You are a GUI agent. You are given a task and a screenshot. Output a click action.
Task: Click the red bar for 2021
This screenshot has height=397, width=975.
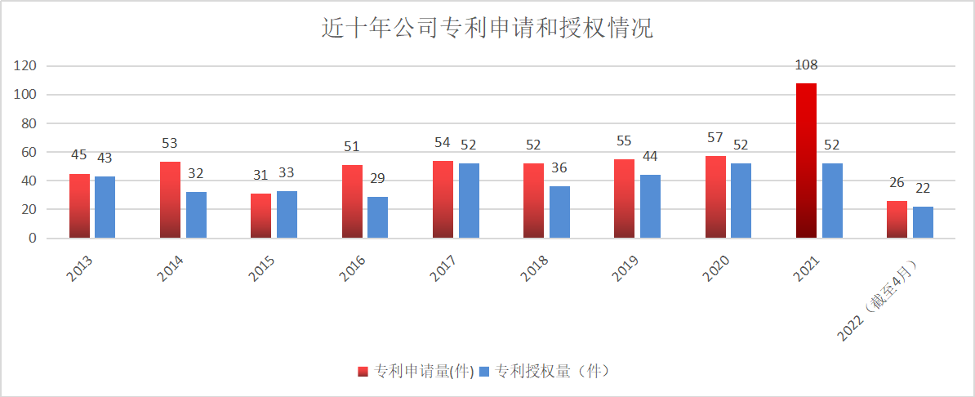click(806, 161)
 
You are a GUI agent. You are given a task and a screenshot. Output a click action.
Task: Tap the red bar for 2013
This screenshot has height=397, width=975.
click(79, 206)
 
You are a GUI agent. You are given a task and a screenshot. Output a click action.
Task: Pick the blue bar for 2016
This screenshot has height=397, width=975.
click(377, 217)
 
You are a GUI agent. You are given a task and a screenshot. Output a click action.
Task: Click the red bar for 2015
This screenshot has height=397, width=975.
click(260, 216)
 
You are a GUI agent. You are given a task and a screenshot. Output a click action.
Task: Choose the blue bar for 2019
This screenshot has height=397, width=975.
click(650, 207)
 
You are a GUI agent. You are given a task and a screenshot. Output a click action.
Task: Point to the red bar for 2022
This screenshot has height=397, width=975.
click(897, 220)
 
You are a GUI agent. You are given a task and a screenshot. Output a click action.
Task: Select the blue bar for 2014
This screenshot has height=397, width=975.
click(196, 215)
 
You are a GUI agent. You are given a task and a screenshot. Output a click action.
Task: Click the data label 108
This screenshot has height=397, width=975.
click(806, 65)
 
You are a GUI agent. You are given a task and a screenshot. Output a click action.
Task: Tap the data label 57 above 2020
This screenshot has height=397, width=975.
click(715, 138)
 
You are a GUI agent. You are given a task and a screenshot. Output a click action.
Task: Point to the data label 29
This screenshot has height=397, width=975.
click(377, 178)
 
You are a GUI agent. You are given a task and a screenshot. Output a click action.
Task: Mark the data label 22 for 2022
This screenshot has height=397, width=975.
click(923, 189)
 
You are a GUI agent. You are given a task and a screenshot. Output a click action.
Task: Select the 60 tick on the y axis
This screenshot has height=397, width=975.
click(29, 152)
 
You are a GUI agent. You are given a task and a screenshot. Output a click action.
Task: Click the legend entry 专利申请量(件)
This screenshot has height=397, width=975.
click(416, 371)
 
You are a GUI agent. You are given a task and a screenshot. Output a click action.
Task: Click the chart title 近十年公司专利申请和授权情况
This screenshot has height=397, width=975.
click(487, 29)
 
